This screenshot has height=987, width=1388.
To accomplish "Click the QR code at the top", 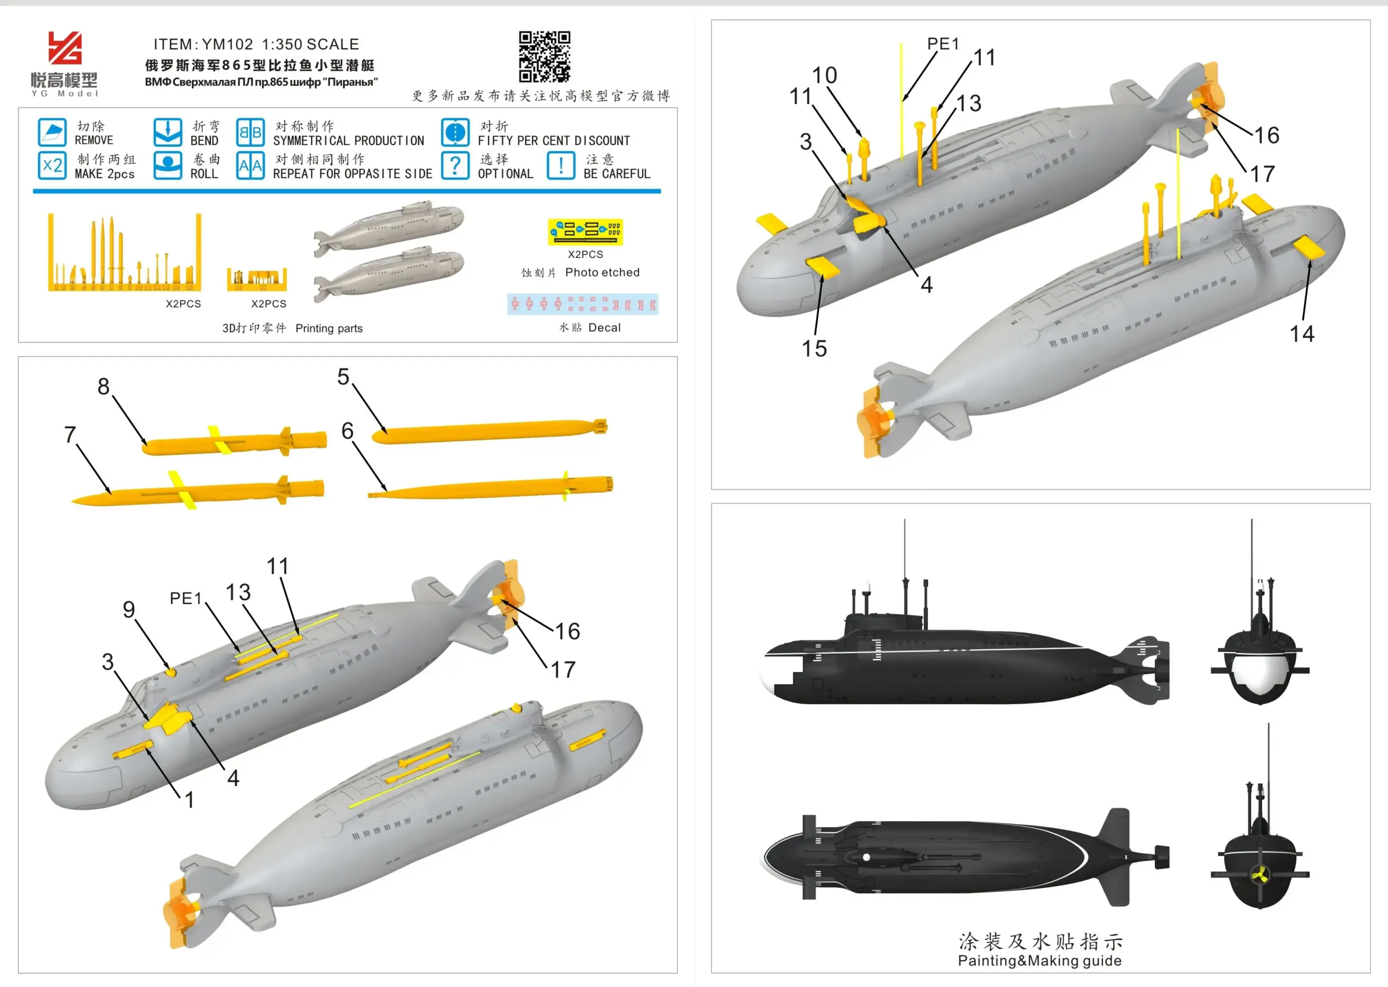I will [544, 56].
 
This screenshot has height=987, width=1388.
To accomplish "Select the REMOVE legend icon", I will [52, 132].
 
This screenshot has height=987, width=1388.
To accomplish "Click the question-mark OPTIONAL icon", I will [455, 165].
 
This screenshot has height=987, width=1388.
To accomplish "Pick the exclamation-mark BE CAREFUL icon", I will [561, 165].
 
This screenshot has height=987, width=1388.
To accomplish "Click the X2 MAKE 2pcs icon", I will [52, 165].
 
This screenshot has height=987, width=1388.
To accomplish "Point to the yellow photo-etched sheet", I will [585, 231].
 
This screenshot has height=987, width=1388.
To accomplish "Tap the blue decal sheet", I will [582, 304].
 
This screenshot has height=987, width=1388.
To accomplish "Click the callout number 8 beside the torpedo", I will [104, 386].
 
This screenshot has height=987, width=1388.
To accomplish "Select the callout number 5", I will [344, 377].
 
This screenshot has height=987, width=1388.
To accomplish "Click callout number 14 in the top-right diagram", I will [1302, 334].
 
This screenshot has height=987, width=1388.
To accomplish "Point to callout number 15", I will [814, 349].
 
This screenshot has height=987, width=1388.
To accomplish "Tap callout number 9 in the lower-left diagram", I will [129, 610].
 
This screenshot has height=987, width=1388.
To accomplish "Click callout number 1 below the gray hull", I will [190, 800].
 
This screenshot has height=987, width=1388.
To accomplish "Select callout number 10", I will [825, 75].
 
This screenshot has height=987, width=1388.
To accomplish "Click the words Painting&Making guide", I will [1039, 961].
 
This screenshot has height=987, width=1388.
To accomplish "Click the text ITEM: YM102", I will [203, 44].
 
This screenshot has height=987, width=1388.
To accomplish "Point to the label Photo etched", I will [602, 272].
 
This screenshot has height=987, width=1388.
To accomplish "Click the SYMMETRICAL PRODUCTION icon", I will [250, 132].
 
